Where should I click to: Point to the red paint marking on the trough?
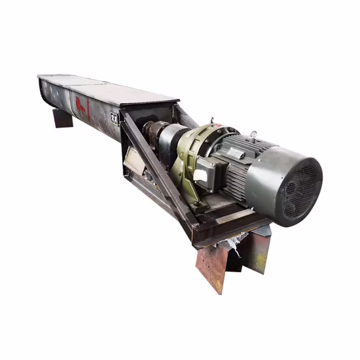pyautogui.click(x=81, y=105)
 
